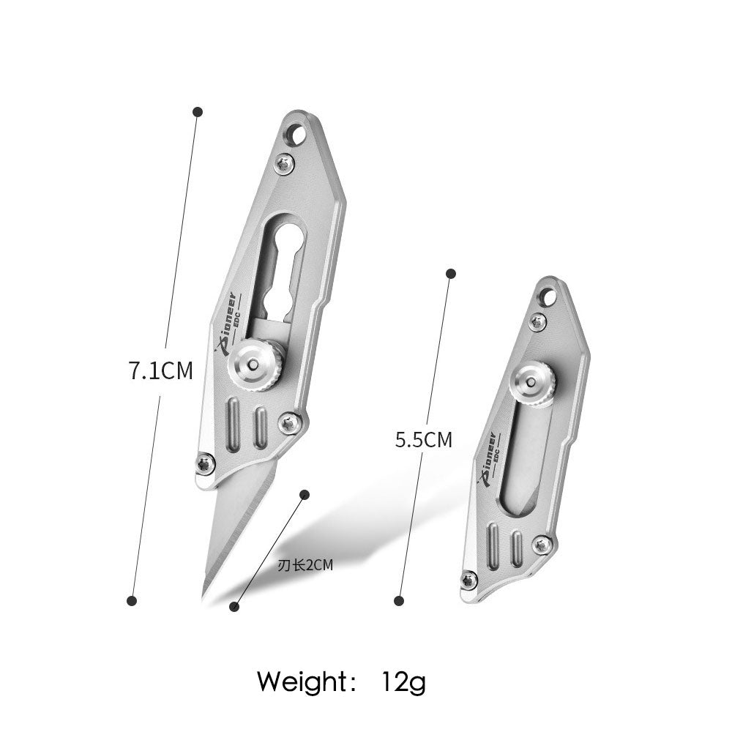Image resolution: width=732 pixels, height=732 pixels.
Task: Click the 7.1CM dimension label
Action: point(160,371)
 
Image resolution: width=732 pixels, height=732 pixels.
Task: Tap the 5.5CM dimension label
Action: point(424,439)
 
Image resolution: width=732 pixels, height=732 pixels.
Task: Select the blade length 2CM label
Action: point(305,565)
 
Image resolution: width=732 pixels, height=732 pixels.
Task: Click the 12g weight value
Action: point(403,682)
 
